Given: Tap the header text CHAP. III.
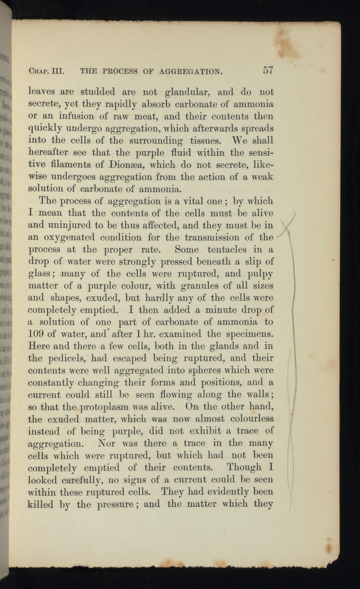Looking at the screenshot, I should pos(46,71).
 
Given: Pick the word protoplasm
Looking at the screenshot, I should pos(103,407).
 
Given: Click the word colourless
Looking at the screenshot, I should pos(252,419).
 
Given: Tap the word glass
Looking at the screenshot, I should pos(39,274).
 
